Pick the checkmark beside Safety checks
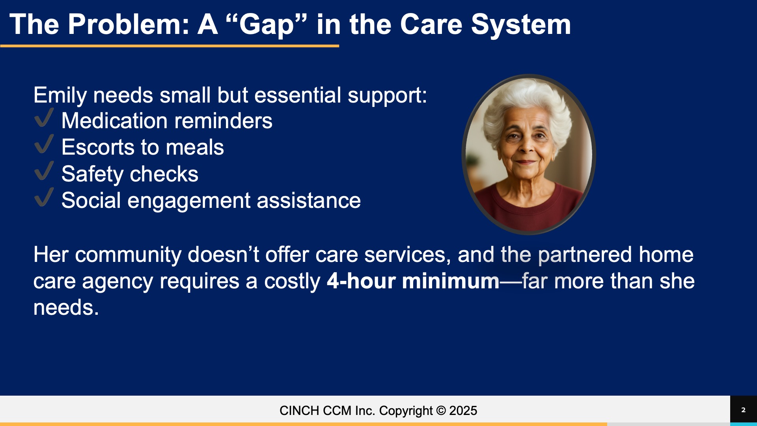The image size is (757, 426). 44,170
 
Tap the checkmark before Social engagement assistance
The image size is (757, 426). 44,197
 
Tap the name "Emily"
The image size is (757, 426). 60,96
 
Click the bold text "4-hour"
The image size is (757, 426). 361,281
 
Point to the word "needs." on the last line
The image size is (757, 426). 66,308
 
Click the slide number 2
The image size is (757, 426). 743,410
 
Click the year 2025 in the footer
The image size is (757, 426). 463,411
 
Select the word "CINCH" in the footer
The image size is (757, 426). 300,411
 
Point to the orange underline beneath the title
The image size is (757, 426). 170,46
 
